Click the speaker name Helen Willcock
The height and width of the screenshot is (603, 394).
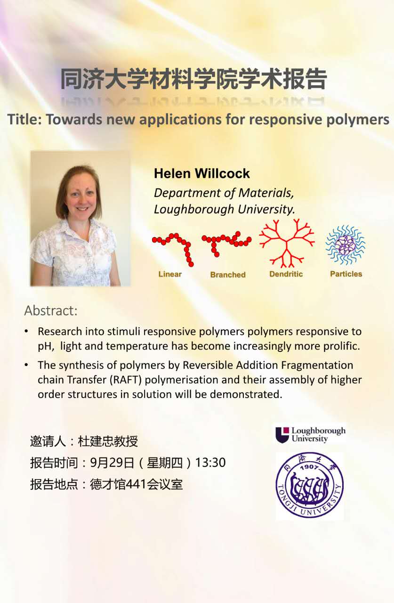pos(201,173)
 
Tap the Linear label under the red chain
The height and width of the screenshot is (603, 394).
pos(170,274)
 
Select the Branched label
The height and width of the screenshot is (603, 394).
pos(228,275)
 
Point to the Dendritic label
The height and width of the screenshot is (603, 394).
pos(286,274)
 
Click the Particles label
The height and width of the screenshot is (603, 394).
pos(346,274)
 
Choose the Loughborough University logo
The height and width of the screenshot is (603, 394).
pos(311,434)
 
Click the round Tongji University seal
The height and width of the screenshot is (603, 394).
pos(310,485)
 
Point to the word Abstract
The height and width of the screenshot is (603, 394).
pos(50,310)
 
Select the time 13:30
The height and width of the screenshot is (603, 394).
pos(210,463)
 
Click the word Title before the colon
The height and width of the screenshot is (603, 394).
pos(23,119)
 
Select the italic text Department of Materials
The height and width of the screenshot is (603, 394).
pos(223,193)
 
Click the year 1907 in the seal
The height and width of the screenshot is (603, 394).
pos(310,467)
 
